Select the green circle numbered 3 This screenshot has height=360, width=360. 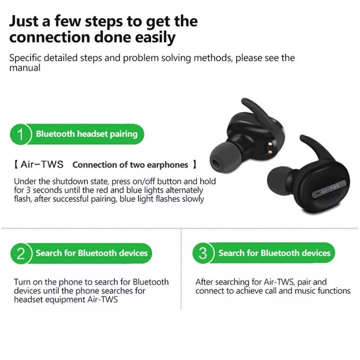click(203, 253)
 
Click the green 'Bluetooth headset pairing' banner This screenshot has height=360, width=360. click(86, 134)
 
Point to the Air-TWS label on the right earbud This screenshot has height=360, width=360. click(330, 189)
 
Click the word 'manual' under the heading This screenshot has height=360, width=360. click(25, 67)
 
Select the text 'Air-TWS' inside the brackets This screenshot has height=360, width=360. click(42, 165)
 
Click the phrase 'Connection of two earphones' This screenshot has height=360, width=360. click(130, 165)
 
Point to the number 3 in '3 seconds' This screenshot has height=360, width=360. click(27, 190)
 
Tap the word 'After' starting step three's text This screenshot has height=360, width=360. click(204, 282)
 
